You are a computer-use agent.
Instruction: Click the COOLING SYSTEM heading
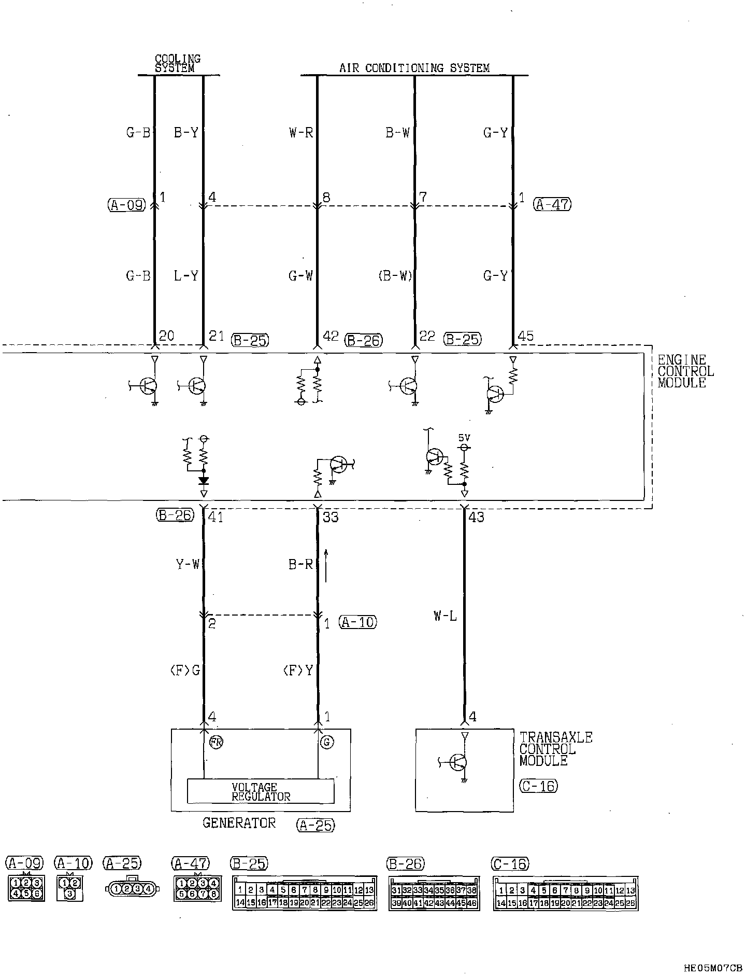click(178, 64)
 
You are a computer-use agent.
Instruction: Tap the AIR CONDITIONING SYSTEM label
click(414, 68)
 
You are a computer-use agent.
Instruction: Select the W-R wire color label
click(301, 133)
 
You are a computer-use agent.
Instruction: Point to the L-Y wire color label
click(186, 276)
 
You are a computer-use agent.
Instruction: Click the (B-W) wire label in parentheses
click(395, 276)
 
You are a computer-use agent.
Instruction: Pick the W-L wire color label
click(446, 617)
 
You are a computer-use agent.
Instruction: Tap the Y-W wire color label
click(188, 564)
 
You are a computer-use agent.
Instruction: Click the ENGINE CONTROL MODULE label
click(685, 371)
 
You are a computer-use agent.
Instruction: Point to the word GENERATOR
click(239, 823)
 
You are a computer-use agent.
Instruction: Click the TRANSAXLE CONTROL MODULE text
click(555, 749)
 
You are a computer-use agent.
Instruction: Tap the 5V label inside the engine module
click(464, 438)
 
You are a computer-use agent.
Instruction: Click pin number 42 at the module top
click(330, 336)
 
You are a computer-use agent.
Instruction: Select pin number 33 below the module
click(331, 517)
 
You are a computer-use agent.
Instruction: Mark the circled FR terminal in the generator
click(216, 742)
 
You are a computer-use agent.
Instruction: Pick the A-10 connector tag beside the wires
click(358, 622)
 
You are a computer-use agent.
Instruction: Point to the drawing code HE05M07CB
click(713, 968)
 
